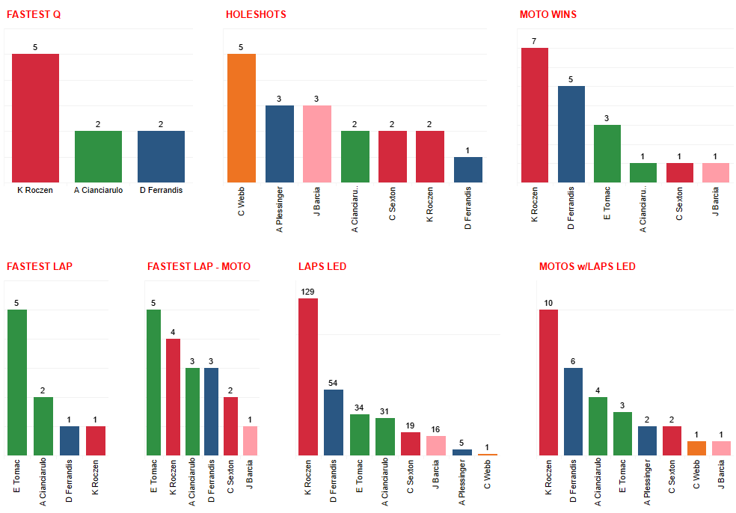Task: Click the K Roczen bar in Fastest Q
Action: tap(35, 117)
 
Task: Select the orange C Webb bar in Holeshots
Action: tap(241, 117)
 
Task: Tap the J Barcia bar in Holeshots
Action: tap(317, 144)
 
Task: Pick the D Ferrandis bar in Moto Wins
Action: tap(571, 134)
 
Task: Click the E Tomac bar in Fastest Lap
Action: tap(17, 381)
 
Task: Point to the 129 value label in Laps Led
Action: tap(308, 291)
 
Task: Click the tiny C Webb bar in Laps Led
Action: tap(487, 454)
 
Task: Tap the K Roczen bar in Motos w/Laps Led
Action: tap(548, 381)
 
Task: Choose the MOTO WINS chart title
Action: tap(548, 14)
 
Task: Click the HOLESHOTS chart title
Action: tap(256, 14)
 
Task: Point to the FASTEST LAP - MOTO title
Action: tap(199, 266)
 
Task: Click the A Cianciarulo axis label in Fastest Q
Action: tap(98, 190)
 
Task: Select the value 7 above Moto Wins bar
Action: tap(534, 40)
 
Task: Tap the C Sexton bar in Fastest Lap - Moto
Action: tap(231, 426)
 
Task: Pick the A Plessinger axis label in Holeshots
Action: tap(279, 209)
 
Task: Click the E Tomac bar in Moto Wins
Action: tap(607, 153)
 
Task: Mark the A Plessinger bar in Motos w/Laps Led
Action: tap(647, 440)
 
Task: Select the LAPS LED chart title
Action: tap(322, 266)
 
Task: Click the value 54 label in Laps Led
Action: tap(334, 383)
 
